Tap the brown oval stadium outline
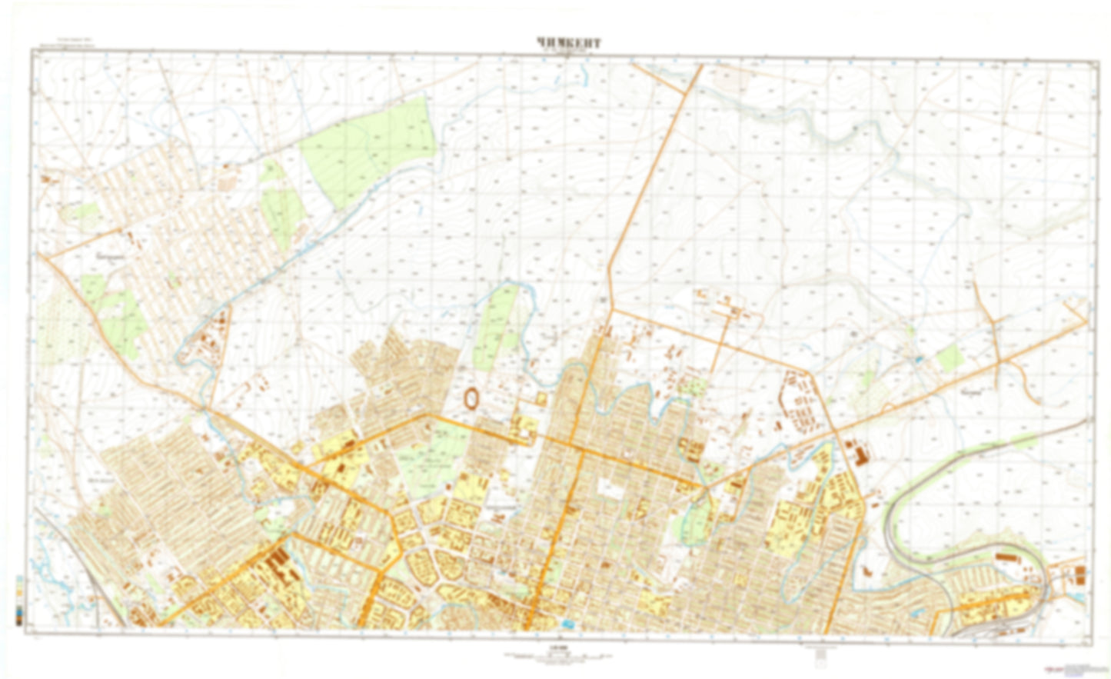471,398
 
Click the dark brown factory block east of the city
856,454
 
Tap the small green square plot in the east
950,357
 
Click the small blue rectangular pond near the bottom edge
568,623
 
